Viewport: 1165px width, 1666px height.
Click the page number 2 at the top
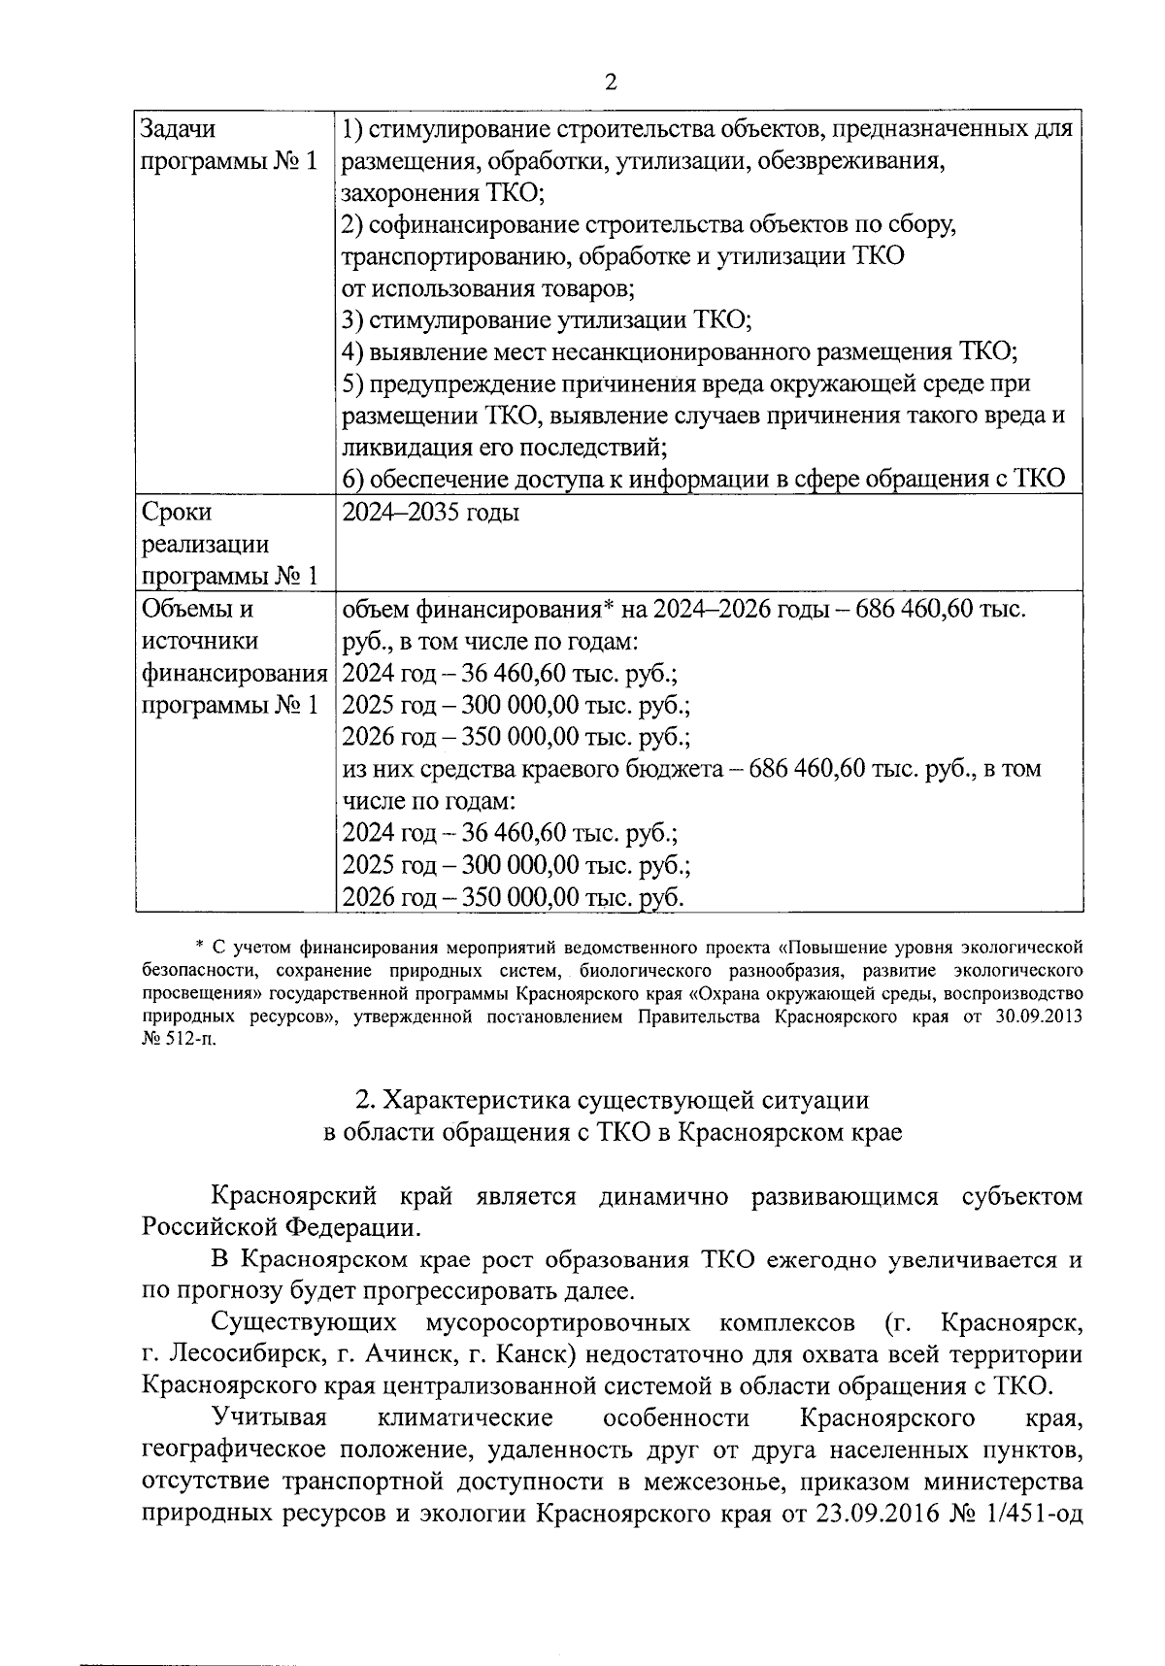tap(611, 83)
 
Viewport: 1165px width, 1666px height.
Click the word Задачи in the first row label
tap(179, 128)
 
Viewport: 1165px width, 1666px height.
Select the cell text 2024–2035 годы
tap(431, 512)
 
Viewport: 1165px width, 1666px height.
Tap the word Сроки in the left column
tap(177, 512)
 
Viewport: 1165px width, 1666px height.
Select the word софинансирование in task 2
tap(474, 224)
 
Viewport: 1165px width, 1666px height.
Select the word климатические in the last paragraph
tap(465, 1418)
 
